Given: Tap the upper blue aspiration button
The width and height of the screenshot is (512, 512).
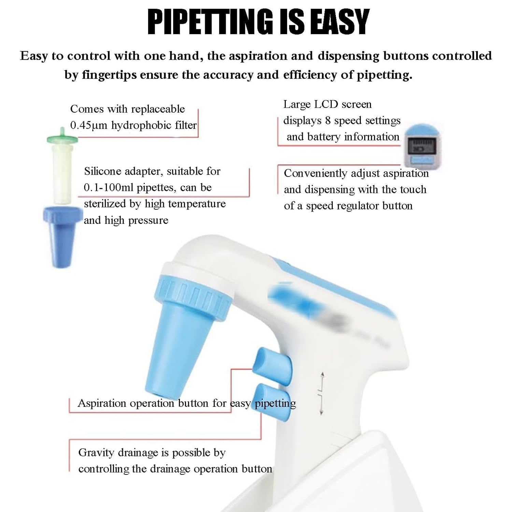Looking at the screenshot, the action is click(272, 366).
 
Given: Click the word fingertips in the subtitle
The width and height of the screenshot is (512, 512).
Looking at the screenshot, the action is click(109, 75).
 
